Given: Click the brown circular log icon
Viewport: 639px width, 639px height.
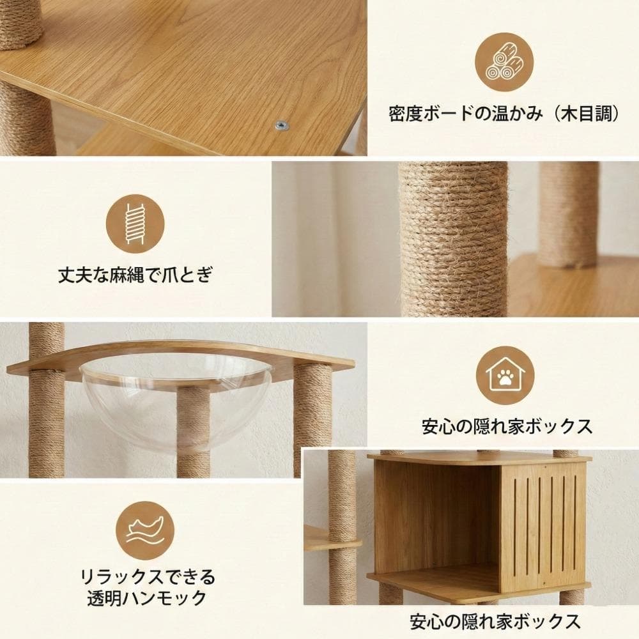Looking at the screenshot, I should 504,62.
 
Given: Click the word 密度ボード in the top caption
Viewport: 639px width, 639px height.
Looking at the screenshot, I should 422,114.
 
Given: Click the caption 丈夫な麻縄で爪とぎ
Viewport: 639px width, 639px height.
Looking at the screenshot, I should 135,275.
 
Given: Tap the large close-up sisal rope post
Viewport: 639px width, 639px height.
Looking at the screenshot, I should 453,240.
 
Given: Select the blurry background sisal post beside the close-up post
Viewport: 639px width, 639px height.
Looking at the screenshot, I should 567,214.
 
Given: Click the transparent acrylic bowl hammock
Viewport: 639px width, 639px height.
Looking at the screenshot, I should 176,399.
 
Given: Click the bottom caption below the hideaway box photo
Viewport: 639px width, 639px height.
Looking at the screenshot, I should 495,620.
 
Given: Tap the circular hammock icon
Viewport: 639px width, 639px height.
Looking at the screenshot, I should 147,530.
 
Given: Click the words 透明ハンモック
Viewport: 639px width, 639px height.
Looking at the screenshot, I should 147,599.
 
